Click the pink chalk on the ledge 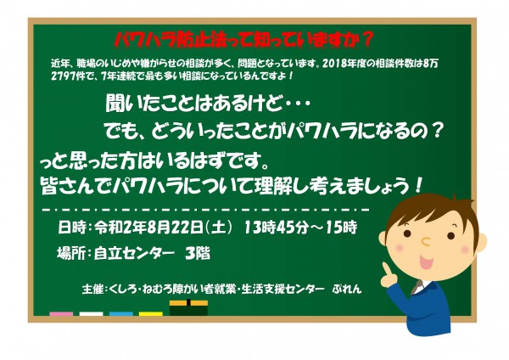pos(61,313)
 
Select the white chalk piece pos(92,313)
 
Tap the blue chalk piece pos(121,313)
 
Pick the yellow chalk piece pos(151,313)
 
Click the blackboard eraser pos(188,307)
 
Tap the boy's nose pos(425,241)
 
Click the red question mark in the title pos(366,40)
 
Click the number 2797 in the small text pos(62,76)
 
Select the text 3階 pos(198,253)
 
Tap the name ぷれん pos(347,289)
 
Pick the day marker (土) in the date pos(221,228)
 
